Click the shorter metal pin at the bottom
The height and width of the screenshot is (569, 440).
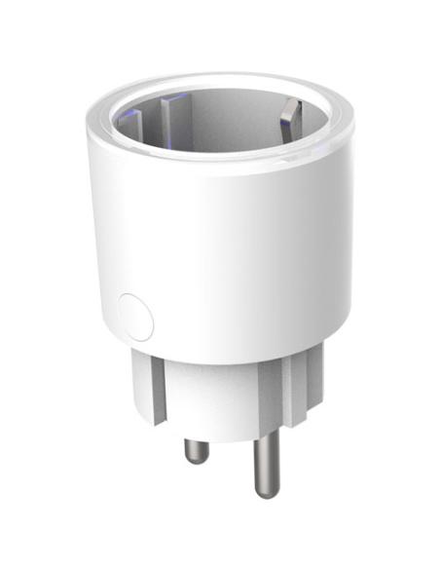[x=196, y=448]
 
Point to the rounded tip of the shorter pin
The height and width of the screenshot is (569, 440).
[x=197, y=459]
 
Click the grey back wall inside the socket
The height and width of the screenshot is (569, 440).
[x=229, y=112]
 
